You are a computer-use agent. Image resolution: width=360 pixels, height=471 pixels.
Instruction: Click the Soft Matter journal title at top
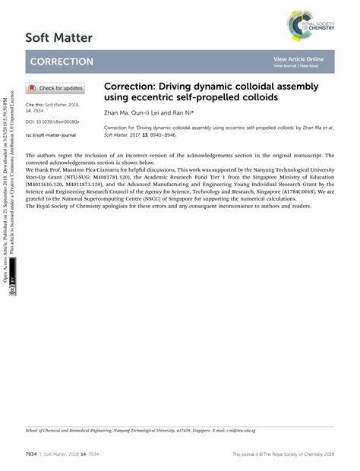pos(58,37)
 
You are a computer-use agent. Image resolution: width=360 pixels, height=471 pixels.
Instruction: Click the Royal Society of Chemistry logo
pos(311,25)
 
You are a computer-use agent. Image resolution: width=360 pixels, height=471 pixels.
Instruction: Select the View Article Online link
pos(298,58)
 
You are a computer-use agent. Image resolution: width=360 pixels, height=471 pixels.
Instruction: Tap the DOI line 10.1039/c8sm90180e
pos(52,121)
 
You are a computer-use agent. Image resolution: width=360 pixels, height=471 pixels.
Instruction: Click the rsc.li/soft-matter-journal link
pos(51,134)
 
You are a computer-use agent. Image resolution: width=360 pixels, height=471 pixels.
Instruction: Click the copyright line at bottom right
pos(283,454)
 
